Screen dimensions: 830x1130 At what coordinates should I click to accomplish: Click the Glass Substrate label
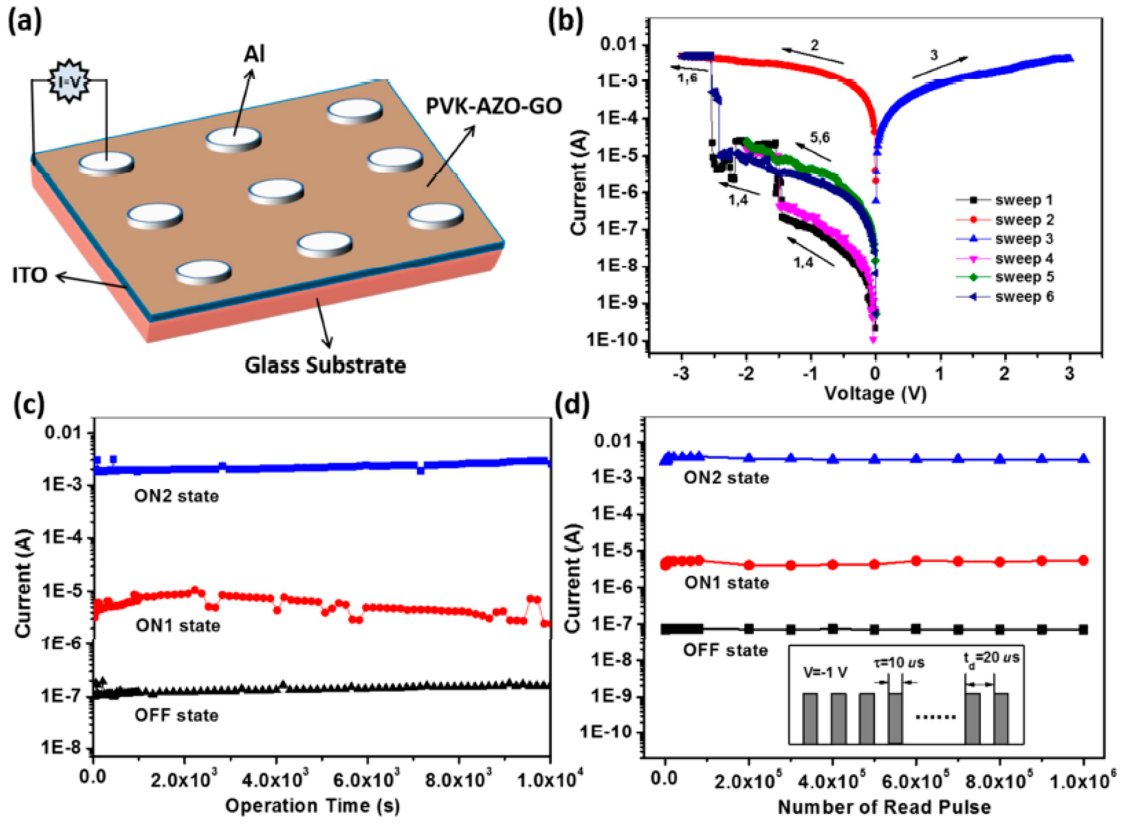point(325,365)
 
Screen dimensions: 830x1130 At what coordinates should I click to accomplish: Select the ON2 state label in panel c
point(177,496)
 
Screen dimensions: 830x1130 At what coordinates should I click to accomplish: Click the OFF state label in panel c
point(177,715)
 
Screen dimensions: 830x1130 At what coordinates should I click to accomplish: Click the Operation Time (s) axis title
point(312,806)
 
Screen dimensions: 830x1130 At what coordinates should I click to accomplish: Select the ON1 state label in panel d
point(726,583)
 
